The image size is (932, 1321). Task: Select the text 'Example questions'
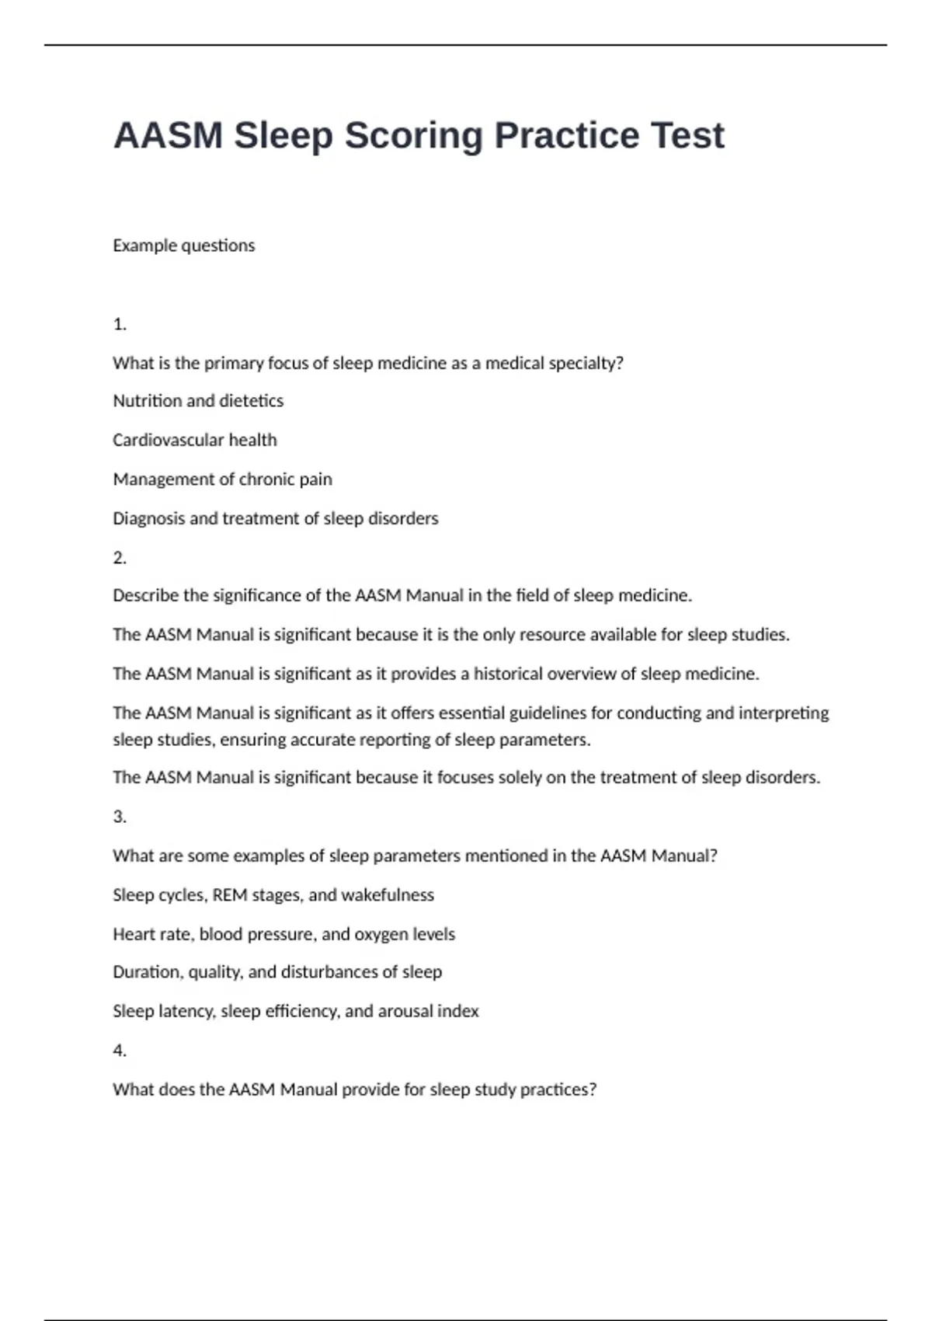click(183, 246)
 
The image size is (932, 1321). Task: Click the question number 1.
click(120, 324)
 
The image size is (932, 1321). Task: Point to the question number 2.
click(120, 557)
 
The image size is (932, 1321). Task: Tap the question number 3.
click(120, 817)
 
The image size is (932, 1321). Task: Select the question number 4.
click(120, 1051)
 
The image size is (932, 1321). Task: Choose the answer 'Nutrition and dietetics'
click(198, 401)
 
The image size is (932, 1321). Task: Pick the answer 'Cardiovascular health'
click(194, 440)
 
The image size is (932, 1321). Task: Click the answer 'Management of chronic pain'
click(222, 479)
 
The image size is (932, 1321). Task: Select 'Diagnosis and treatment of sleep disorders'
click(275, 518)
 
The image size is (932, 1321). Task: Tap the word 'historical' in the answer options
click(513, 674)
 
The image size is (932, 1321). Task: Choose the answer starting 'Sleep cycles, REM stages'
click(273, 895)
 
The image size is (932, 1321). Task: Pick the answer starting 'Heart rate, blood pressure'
click(283, 934)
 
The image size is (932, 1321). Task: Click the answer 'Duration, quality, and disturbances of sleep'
click(277, 972)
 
